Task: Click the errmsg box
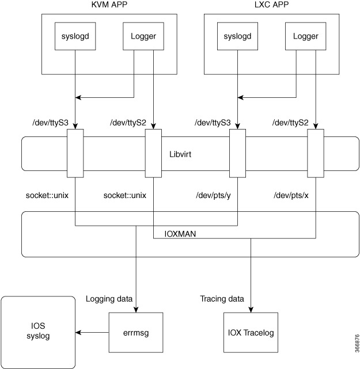click(135, 333)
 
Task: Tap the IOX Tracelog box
click(251, 333)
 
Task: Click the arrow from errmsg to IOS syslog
click(93, 333)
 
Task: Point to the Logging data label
click(109, 299)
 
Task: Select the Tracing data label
click(222, 299)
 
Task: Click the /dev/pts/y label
click(214, 195)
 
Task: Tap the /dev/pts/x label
click(292, 195)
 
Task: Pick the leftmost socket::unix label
click(47, 195)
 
